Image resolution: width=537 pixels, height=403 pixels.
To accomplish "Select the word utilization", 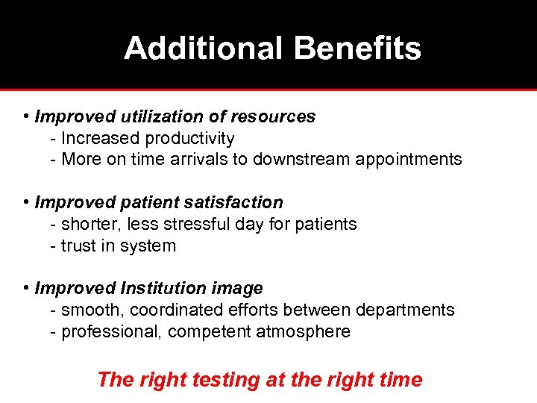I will click(x=148, y=117).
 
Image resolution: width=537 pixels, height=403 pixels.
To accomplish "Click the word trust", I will click(x=76, y=246).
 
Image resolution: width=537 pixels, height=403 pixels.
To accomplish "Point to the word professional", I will click(x=111, y=332).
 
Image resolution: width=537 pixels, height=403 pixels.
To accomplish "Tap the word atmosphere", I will click(x=303, y=332).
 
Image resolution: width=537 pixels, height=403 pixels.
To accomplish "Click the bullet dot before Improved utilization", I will click(x=26, y=117).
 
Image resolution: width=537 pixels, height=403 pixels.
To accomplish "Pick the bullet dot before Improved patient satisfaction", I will click(x=26, y=203).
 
